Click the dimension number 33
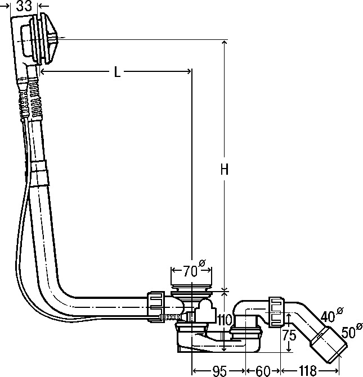[24, 6]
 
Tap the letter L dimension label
[117, 72]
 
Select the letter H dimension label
[224, 170]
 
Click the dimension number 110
[225, 320]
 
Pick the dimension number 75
[289, 335]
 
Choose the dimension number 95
[219, 371]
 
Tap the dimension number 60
[263, 371]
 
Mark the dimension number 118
[308, 370]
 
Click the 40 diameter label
[332, 315]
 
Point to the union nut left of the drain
[155, 307]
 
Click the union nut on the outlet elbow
[276, 312]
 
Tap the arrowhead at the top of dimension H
[224, 43]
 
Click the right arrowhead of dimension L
[189, 71]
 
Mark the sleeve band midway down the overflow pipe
[40, 174]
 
